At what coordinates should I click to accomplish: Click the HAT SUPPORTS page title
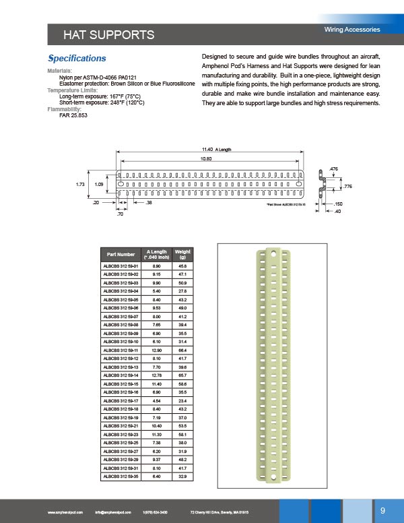108,34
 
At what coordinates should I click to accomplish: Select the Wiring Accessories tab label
352,30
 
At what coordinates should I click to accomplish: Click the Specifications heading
77,59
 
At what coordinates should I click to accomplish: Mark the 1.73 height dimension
79,183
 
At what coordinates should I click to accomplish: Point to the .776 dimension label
347,185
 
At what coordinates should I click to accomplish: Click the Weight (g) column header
182,254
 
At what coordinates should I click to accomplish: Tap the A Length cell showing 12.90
156,350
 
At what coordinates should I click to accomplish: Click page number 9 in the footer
382,510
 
